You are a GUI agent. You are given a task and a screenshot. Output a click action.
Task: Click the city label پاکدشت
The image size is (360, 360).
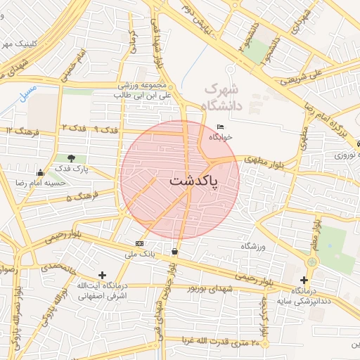(193, 181)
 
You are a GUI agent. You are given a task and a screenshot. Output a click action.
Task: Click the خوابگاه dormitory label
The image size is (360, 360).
(224, 138)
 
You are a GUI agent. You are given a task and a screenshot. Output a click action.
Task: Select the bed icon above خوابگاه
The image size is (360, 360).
(221, 127)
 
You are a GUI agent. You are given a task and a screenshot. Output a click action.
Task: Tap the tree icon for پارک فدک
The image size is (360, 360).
(71, 158)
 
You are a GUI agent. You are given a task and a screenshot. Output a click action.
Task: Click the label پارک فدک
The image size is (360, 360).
(72, 169)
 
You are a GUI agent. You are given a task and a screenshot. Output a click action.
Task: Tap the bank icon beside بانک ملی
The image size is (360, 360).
(139, 244)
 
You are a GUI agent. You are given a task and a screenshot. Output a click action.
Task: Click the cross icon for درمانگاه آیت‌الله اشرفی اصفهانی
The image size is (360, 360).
(103, 275)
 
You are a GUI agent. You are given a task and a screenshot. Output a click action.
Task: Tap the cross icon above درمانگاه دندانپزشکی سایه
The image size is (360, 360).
(303, 280)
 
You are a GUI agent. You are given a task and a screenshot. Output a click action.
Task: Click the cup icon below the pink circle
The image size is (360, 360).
(174, 250)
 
